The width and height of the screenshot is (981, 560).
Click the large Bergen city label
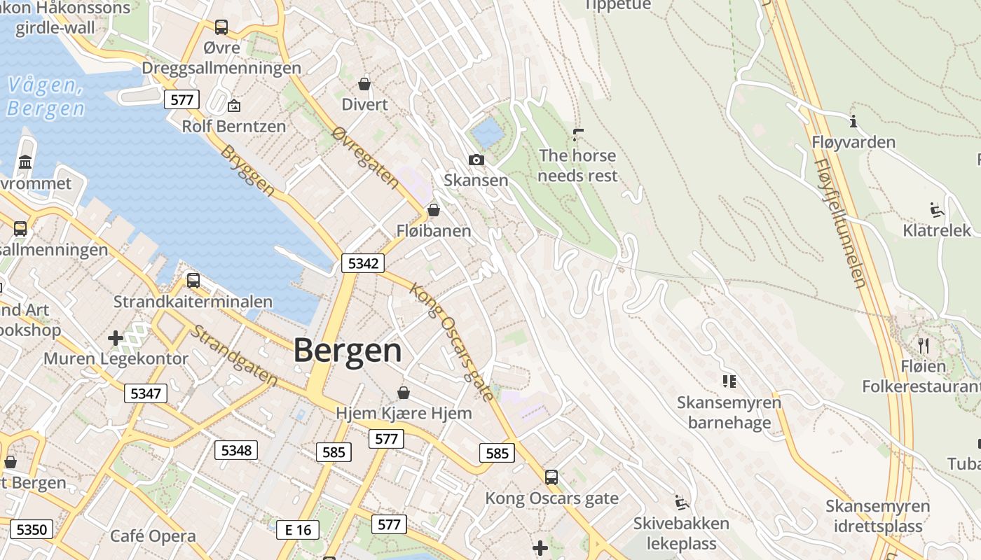click(348, 351)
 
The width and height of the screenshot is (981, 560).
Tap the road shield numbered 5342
click(363, 263)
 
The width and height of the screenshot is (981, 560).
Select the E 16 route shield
click(298, 530)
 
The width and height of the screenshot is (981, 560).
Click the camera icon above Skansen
click(476, 160)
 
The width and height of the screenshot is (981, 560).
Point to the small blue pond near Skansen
click(488, 132)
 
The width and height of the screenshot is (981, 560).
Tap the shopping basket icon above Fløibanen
click(434, 210)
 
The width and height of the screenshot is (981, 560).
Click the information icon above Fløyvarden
click(853, 122)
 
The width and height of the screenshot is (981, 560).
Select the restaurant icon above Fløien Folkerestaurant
click(924, 345)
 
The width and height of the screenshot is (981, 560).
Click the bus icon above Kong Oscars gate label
click(551, 477)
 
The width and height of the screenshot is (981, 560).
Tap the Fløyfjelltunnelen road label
click(840, 223)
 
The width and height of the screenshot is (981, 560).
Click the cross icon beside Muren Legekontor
click(116, 339)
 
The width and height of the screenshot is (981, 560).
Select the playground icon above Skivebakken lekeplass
click(681, 502)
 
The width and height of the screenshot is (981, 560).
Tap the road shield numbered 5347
click(146, 393)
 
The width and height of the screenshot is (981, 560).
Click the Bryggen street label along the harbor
click(247, 171)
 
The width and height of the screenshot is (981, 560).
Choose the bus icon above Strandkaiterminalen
click(193, 281)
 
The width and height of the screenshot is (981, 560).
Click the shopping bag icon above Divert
click(364, 84)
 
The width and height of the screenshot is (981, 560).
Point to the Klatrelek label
click(937, 230)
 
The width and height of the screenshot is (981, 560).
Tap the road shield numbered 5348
click(236, 450)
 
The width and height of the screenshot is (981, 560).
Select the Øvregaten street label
click(366, 158)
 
